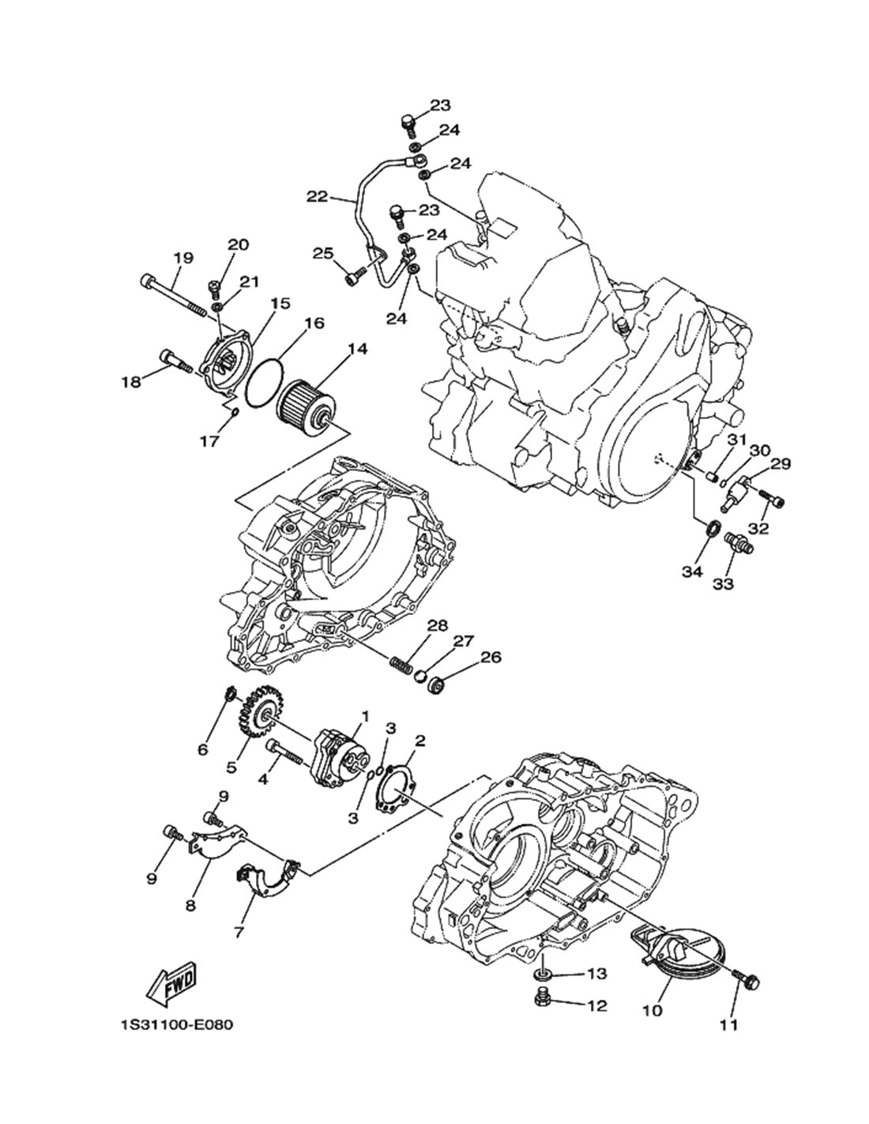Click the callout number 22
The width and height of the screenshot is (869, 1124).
point(318,197)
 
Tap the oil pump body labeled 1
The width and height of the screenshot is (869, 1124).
point(339,763)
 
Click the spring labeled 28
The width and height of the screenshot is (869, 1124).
point(401,663)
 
